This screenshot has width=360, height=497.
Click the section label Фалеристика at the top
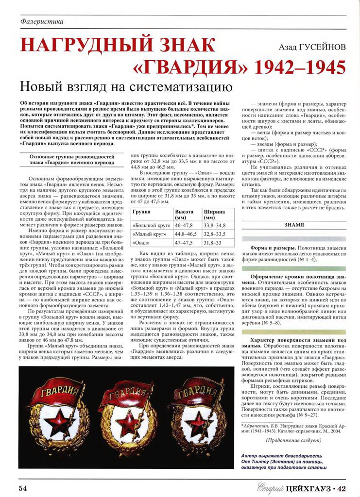coord(43,21)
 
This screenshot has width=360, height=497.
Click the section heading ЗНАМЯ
coord(294,225)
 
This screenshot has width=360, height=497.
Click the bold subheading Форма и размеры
coord(269,248)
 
